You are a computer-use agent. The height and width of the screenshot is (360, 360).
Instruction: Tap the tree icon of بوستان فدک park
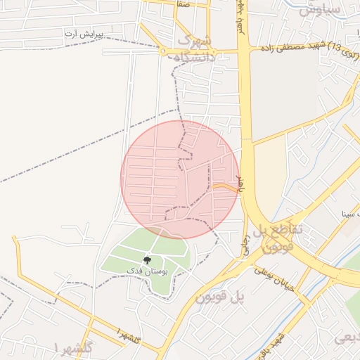(147, 260)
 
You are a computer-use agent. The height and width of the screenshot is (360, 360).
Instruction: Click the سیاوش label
(320, 9)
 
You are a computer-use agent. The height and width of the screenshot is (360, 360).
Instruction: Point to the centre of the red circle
(180, 180)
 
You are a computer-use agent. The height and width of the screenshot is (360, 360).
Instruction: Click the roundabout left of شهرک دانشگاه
(163, 52)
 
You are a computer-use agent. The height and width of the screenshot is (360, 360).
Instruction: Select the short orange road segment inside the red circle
(226, 187)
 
